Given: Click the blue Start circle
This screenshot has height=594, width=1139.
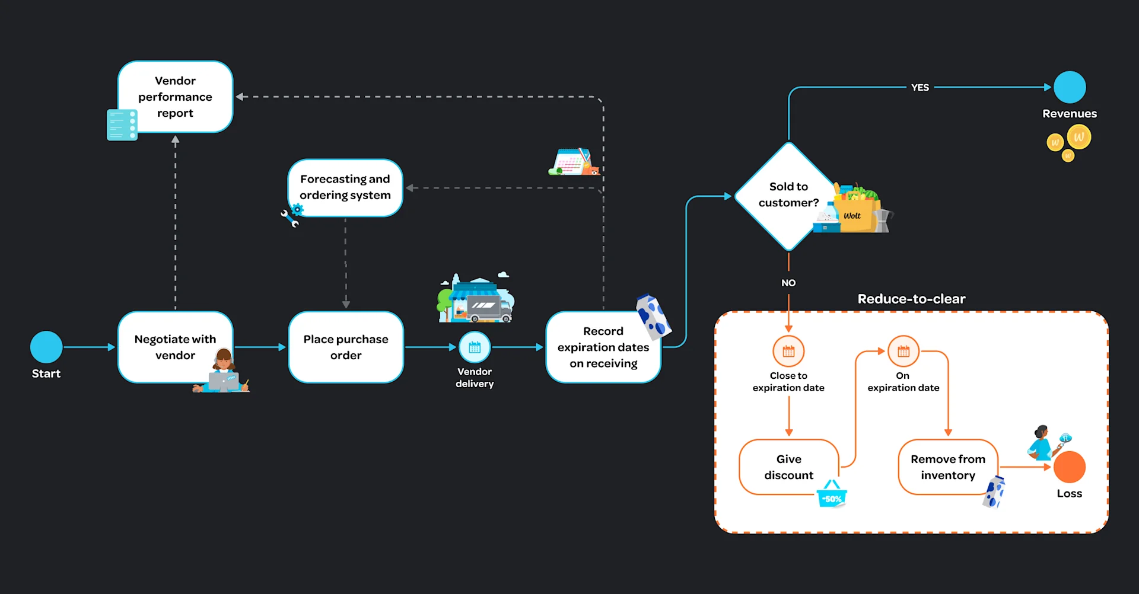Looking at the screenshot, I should click(x=46, y=347).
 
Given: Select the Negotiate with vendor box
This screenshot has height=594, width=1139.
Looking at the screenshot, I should click(x=175, y=347).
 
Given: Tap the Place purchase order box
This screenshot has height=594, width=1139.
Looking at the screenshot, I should click(x=346, y=347).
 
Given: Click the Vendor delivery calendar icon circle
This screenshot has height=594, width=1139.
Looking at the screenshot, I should click(x=475, y=347).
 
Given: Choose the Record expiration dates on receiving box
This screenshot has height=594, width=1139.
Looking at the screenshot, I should click(x=603, y=347).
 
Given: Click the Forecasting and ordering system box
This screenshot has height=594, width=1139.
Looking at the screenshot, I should click(x=345, y=187).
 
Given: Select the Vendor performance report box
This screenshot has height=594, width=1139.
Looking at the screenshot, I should click(x=175, y=97).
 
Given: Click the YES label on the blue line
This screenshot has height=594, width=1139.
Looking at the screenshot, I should click(x=920, y=87).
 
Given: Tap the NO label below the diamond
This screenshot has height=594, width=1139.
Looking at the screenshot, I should click(x=788, y=283).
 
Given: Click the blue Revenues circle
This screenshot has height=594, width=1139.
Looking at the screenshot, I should click(x=1070, y=87).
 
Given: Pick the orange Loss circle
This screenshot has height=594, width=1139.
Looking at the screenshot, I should click(x=1070, y=467).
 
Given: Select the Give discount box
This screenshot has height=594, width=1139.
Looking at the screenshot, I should click(x=788, y=467).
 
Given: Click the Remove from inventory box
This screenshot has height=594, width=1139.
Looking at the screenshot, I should click(x=947, y=467).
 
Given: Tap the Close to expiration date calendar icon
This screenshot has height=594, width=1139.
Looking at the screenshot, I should click(x=788, y=351).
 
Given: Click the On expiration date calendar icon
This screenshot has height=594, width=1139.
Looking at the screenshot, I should click(x=903, y=351).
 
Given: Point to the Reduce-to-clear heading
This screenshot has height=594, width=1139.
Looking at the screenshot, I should click(x=911, y=299).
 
